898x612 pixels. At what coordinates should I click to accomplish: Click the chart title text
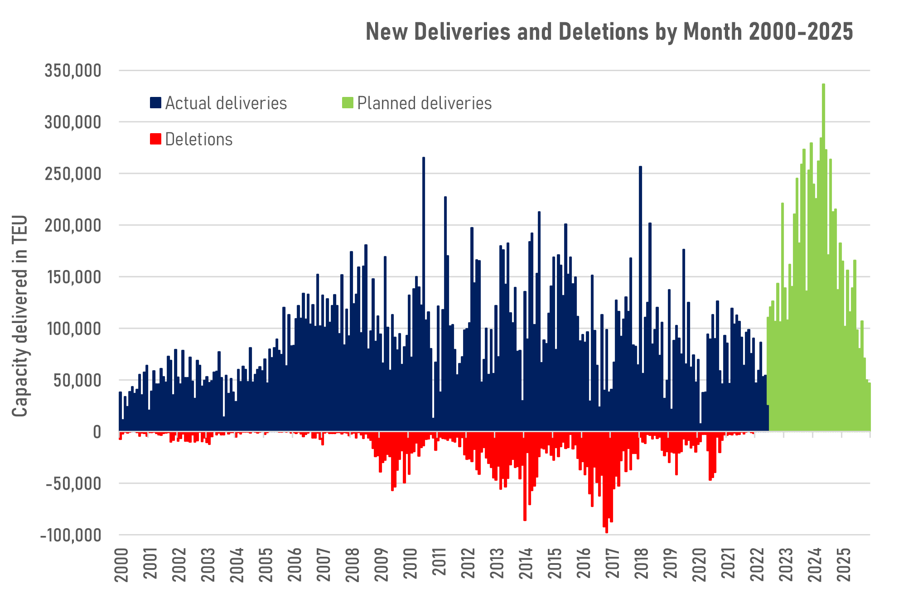point(609,32)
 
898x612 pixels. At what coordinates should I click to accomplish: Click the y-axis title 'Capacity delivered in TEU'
point(20,316)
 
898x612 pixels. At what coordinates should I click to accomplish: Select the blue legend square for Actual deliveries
point(155,102)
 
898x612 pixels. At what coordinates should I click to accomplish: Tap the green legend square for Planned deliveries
point(348,102)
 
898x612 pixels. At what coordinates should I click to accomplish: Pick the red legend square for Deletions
point(155,139)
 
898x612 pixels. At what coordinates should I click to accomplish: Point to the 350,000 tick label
point(72,71)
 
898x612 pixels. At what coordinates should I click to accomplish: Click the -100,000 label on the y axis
point(71,535)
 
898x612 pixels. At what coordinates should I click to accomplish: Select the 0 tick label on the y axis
point(97,432)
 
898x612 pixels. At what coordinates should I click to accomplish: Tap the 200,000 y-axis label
point(72,225)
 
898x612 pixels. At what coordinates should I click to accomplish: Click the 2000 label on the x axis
point(121,564)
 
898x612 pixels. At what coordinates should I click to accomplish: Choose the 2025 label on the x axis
point(844,564)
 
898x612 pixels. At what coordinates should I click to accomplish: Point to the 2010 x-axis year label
point(410,564)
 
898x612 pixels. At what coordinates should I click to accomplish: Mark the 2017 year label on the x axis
point(613,564)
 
